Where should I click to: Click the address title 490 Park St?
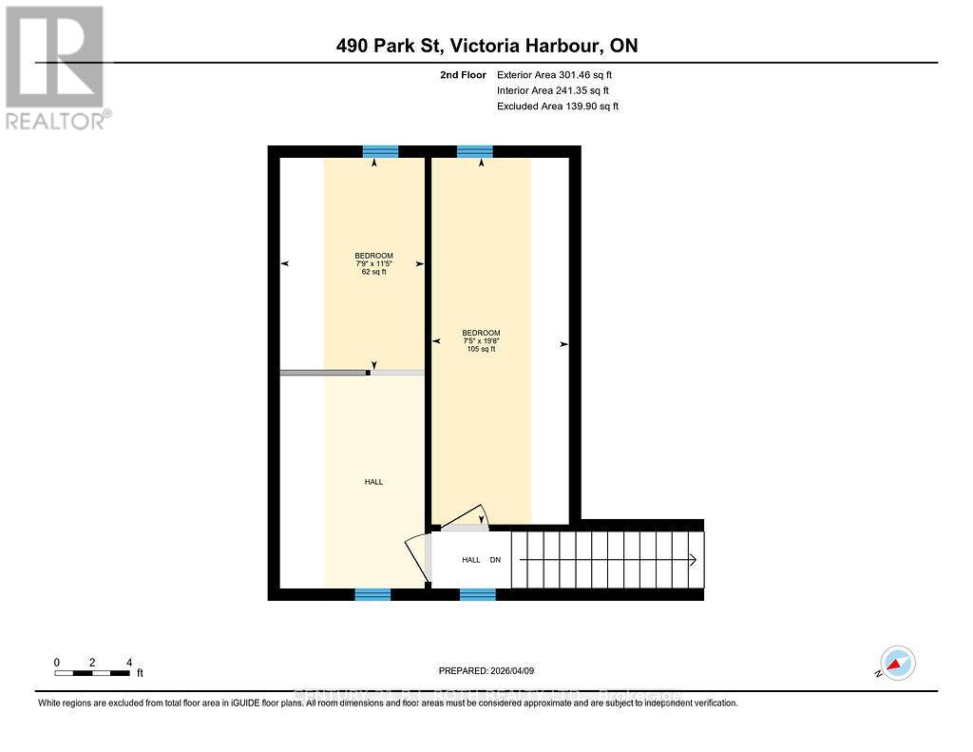pos(486,46)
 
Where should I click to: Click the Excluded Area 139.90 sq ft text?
pos(558,106)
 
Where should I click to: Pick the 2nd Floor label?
pos(464,74)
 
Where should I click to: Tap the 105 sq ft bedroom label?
pos(481,340)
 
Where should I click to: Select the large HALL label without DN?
pos(373,482)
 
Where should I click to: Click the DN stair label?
pos(495,560)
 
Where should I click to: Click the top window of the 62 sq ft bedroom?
pos(380,151)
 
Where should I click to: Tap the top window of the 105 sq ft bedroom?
pos(475,151)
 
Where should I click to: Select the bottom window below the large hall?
pos(372,594)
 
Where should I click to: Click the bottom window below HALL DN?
pos(478,594)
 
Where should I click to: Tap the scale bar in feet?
pos(92,673)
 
